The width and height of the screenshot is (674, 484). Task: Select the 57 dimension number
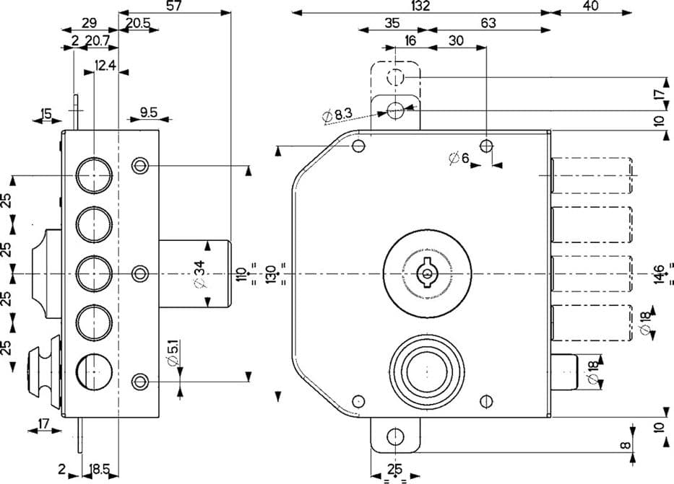(x=173, y=6)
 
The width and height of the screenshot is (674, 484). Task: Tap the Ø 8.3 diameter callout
(x=337, y=115)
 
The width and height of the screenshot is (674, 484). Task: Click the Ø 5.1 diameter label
(x=173, y=353)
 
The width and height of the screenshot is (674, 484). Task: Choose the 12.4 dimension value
(x=105, y=65)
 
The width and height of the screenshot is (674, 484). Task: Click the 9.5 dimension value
(x=149, y=113)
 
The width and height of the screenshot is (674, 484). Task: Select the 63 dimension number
(x=488, y=23)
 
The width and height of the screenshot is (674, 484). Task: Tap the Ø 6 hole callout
(x=459, y=159)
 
